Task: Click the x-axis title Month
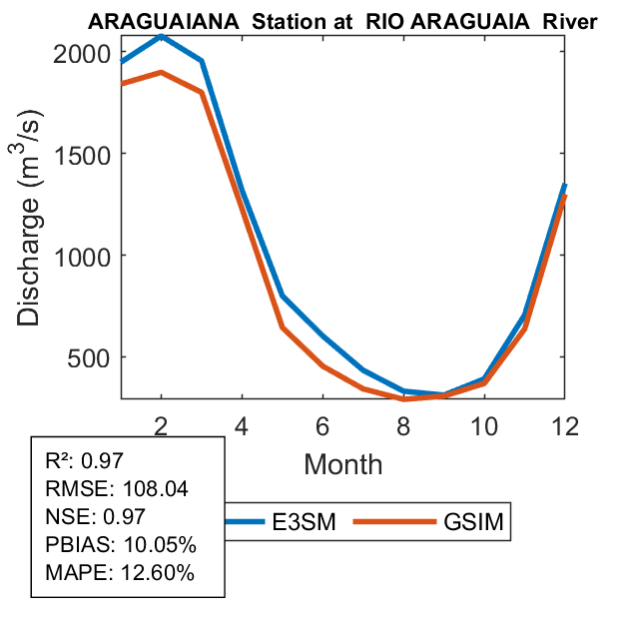342,463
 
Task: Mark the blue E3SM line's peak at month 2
161,36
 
